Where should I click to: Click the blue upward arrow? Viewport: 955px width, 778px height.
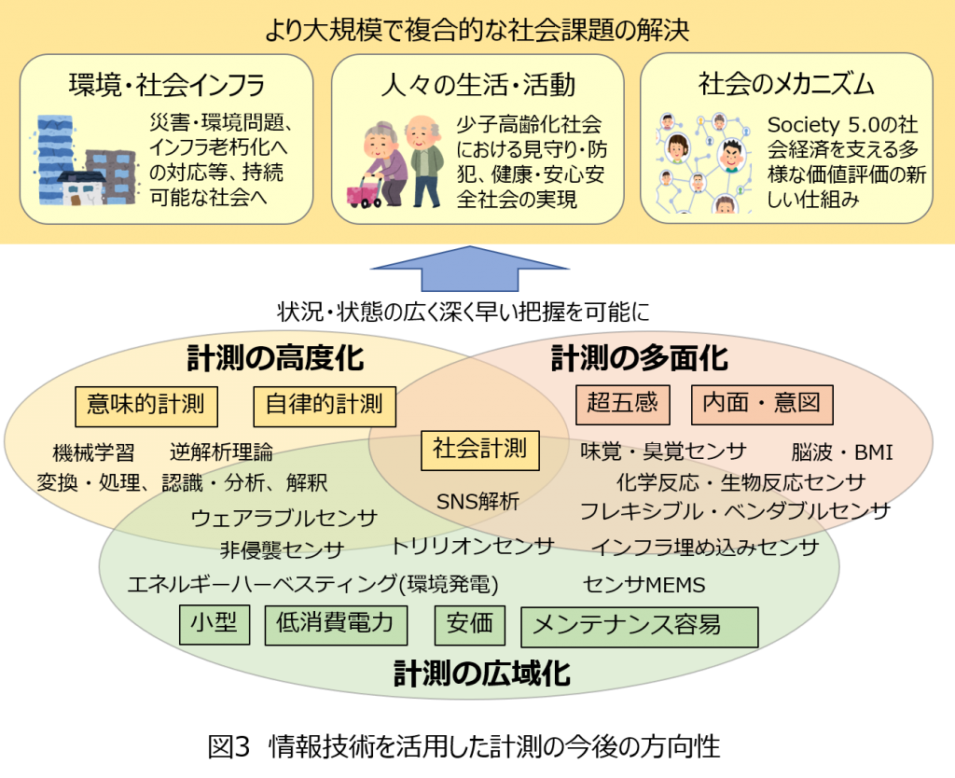pos(470,268)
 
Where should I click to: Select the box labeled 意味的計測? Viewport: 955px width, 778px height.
pos(146,406)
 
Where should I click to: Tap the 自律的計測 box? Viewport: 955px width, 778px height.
pos(325,406)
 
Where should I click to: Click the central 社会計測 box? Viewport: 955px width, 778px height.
pos(480,451)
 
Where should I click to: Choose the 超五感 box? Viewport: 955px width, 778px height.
pos(623,404)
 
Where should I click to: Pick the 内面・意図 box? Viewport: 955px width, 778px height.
pos(762,404)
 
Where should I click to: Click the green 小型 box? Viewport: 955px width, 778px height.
pos(215,624)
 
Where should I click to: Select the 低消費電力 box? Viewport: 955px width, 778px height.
pos(336,625)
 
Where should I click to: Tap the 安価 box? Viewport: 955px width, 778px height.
pos(470,625)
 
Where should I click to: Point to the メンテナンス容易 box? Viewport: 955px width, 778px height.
pos(640,627)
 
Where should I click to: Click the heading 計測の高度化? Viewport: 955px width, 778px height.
pos(275,358)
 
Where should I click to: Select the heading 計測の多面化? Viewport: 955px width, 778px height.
pos(640,358)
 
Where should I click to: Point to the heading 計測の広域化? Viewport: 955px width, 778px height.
pos(482,674)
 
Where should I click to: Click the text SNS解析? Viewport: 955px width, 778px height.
pos(478,501)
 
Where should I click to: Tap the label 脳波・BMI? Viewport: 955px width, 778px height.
pos(842,452)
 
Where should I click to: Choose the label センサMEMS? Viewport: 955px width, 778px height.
pos(644,585)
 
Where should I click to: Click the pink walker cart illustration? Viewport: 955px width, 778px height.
pos(365,192)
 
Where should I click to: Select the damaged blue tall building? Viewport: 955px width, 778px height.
pos(56,160)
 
